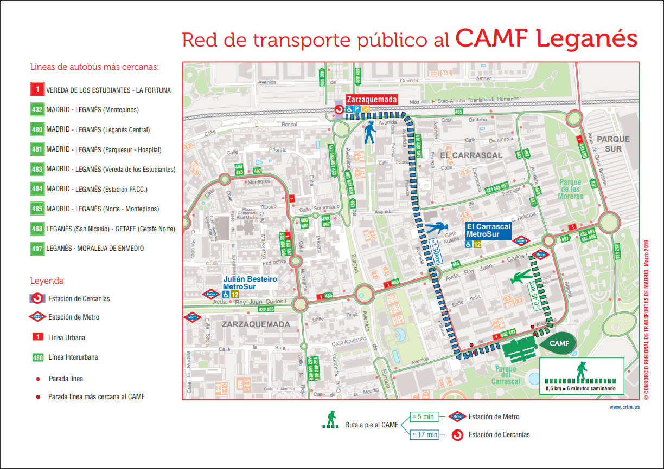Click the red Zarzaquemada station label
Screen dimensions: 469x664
point(372,100)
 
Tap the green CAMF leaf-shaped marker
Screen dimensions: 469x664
point(557,343)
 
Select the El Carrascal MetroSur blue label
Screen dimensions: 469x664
point(488,231)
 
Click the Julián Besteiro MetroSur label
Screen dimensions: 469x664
point(250,282)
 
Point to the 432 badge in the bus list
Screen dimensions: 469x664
point(37,110)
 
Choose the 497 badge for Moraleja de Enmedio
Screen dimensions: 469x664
point(37,249)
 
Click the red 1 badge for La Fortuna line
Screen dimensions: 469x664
point(37,90)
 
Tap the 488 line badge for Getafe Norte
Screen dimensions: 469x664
point(37,229)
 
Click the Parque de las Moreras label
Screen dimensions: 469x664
point(570,189)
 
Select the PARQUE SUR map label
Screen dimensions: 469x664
point(614,144)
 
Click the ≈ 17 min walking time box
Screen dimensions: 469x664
point(424,434)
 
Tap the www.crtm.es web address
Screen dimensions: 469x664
point(624,407)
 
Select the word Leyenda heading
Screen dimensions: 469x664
point(47,281)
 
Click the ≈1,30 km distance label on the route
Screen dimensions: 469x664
point(435,252)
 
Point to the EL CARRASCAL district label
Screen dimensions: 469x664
point(471,155)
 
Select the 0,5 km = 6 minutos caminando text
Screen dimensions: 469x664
point(580,388)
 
